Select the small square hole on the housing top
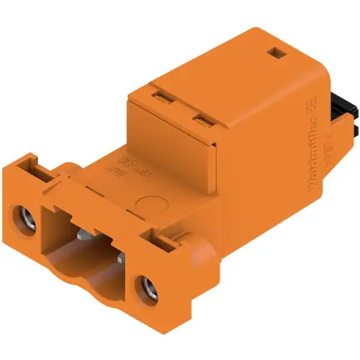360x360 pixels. point(274,53)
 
